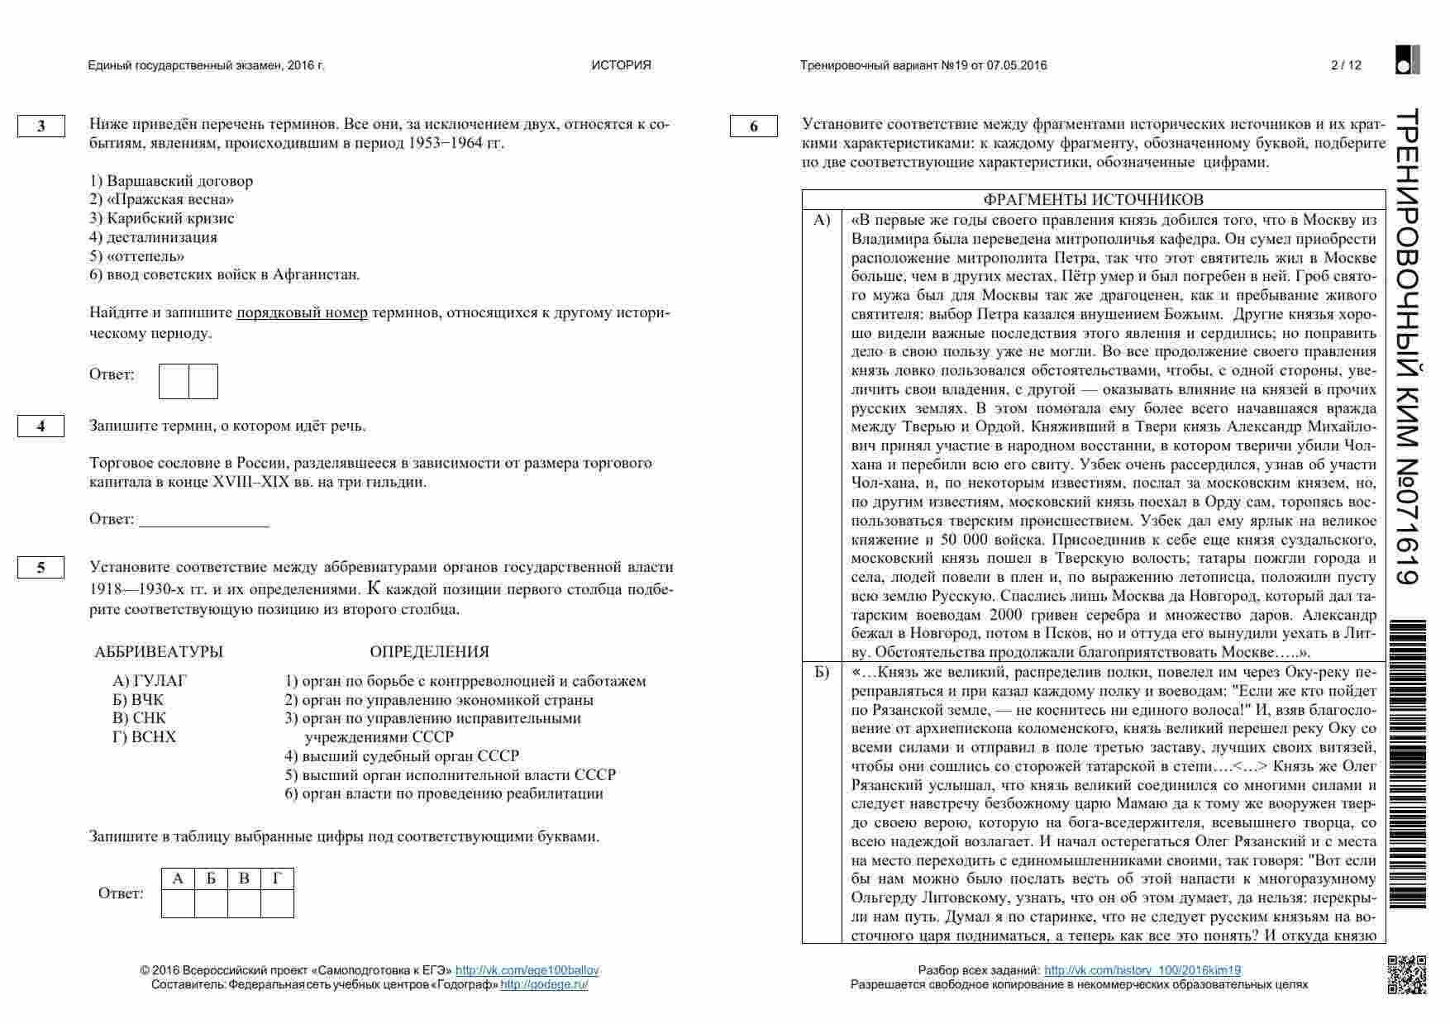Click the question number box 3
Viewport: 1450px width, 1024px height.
pyautogui.click(x=41, y=126)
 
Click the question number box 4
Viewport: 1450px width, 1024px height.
pyautogui.click(x=41, y=426)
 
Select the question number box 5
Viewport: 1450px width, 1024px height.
pyautogui.click(x=41, y=568)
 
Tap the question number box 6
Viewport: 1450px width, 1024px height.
pyautogui.click(x=753, y=126)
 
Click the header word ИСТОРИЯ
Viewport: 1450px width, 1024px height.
pyautogui.click(x=621, y=65)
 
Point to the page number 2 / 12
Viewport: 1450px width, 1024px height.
pyautogui.click(x=1346, y=65)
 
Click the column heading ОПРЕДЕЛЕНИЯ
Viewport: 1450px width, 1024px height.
pyautogui.click(x=429, y=652)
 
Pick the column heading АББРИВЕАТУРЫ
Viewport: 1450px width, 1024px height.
pyautogui.click(x=159, y=652)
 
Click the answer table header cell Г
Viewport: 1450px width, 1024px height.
pyautogui.click(x=277, y=879)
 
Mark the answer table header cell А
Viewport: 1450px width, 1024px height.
pyautogui.click(x=178, y=879)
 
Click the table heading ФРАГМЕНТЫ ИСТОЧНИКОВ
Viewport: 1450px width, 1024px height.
pyautogui.click(x=1093, y=200)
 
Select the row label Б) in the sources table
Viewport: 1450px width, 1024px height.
pyautogui.click(x=822, y=672)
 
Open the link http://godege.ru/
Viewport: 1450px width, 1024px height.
pyautogui.click(x=544, y=984)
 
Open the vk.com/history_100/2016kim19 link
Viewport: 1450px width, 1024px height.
pyautogui.click(x=1142, y=970)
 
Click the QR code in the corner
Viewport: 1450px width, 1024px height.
pyautogui.click(x=1405, y=974)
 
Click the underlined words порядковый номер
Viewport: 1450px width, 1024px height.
pyautogui.click(x=302, y=313)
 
